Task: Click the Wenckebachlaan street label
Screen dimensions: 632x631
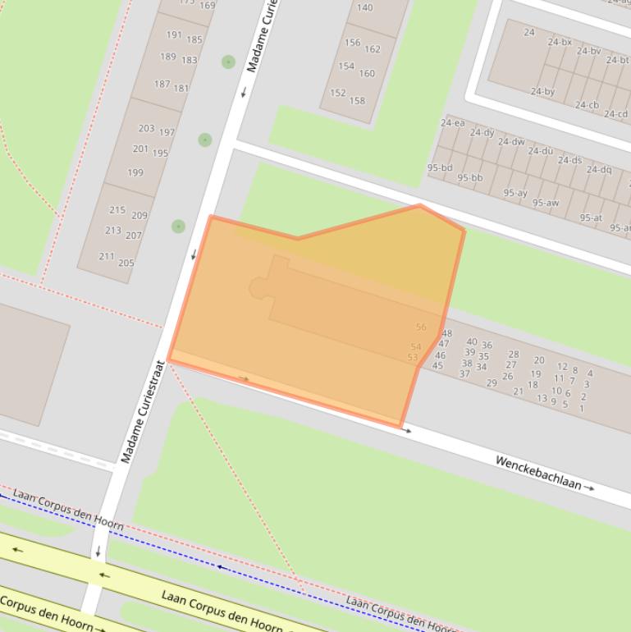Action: pos(538,473)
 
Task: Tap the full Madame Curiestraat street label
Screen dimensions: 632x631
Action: pos(144,411)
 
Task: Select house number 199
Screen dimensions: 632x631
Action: pos(135,172)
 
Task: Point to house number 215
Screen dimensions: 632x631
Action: pos(117,209)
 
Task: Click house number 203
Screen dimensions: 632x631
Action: pos(146,128)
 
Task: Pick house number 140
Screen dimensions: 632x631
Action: pos(365,7)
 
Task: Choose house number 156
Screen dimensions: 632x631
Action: pos(352,43)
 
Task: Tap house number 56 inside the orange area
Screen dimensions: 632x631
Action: pos(421,327)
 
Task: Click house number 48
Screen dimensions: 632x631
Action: pos(446,333)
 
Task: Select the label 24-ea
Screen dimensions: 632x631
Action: pos(452,123)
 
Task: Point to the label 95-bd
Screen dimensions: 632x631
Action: pos(440,167)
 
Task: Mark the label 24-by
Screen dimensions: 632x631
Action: pos(542,91)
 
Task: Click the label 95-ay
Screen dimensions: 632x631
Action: pos(515,193)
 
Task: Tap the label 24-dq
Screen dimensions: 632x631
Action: pos(599,169)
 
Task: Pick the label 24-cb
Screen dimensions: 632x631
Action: pos(587,104)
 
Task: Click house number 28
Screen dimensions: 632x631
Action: pos(514,355)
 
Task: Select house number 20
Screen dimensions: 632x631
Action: pos(539,360)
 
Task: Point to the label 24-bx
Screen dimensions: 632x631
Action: pos(560,42)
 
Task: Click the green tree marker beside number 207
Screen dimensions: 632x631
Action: pos(178,226)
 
